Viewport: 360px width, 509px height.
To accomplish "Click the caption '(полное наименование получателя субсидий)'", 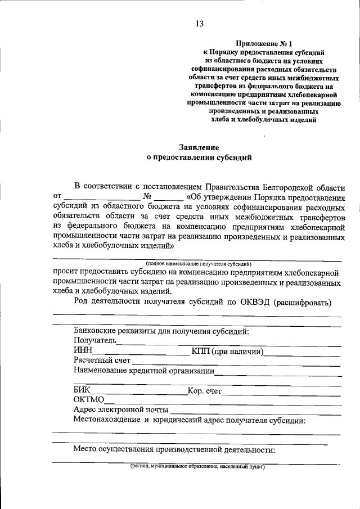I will [198, 263].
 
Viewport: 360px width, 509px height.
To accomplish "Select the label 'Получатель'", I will [94, 340].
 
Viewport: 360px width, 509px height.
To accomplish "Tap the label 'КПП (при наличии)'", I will [227, 351].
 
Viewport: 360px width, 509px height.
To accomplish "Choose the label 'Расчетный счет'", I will [102, 361].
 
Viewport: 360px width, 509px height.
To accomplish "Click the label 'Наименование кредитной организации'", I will [144, 370].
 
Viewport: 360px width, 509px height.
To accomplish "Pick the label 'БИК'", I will [82, 390].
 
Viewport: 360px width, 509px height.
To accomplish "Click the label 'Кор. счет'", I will [205, 390].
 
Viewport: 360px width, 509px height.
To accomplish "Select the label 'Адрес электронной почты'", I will [120, 409].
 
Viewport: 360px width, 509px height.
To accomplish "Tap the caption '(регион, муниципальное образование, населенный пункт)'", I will [197, 467].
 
